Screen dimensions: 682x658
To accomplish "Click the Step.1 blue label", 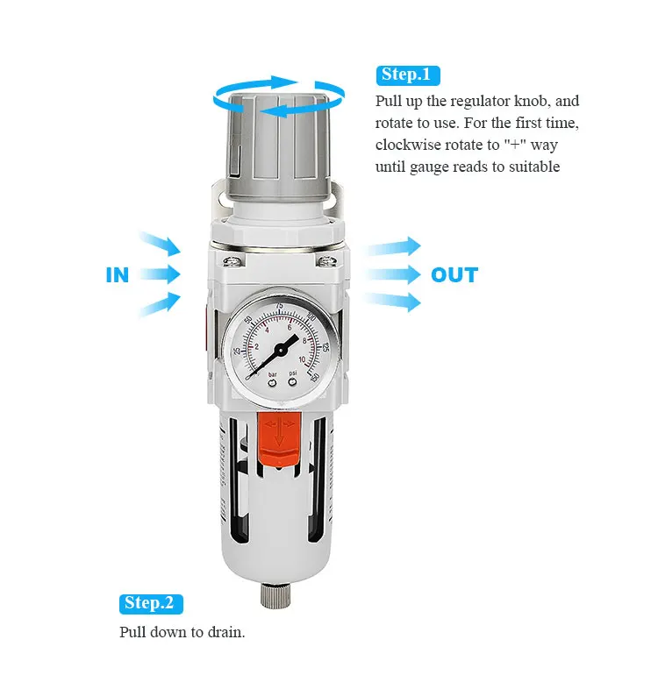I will tap(408, 75).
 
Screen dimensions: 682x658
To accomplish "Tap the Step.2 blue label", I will tap(151, 603).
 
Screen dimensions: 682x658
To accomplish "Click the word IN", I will tap(118, 275).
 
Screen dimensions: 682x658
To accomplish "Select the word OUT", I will tap(454, 275).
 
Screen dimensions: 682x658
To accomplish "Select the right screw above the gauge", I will tap(325, 261).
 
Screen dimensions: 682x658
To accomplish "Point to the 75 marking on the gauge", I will tap(279, 306).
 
